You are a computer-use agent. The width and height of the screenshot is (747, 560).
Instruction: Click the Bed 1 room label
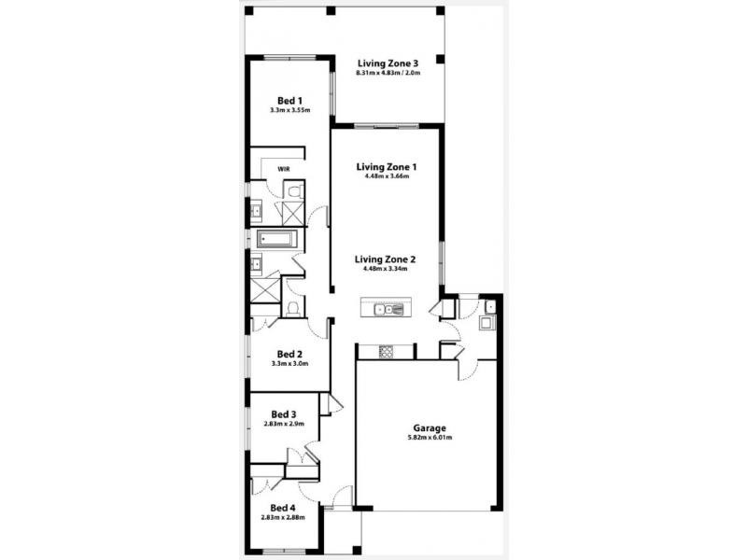click(x=289, y=100)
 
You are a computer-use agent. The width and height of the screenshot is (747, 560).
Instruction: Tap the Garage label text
click(x=417, y=428)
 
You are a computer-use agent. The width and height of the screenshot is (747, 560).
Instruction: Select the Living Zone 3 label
click(x=388, y=63)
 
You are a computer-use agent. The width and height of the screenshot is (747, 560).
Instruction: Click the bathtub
click(x=276, y=239)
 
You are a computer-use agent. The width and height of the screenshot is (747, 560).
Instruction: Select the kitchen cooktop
click(x=385, y=351)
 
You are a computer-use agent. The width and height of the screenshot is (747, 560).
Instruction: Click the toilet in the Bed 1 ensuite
click(x=294, y=191)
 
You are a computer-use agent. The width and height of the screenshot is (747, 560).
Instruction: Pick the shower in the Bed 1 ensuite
click(x=293, y=213)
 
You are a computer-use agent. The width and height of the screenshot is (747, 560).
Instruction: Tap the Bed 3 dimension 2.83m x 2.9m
click(x=284, y=424)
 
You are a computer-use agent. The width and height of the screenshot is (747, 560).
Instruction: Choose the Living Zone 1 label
click(x=387, y=167)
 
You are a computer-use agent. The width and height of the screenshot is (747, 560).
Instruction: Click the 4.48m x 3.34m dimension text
click(x=387, y=269)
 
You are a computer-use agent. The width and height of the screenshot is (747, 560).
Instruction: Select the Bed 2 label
click(x=289, y=354)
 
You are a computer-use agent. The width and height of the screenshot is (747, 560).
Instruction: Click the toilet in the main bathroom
click(x=293, y=307)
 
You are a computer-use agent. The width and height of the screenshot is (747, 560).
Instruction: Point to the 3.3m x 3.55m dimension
click(x=289, y=110)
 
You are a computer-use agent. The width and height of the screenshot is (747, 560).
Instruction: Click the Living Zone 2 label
click(x=387, y=259)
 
